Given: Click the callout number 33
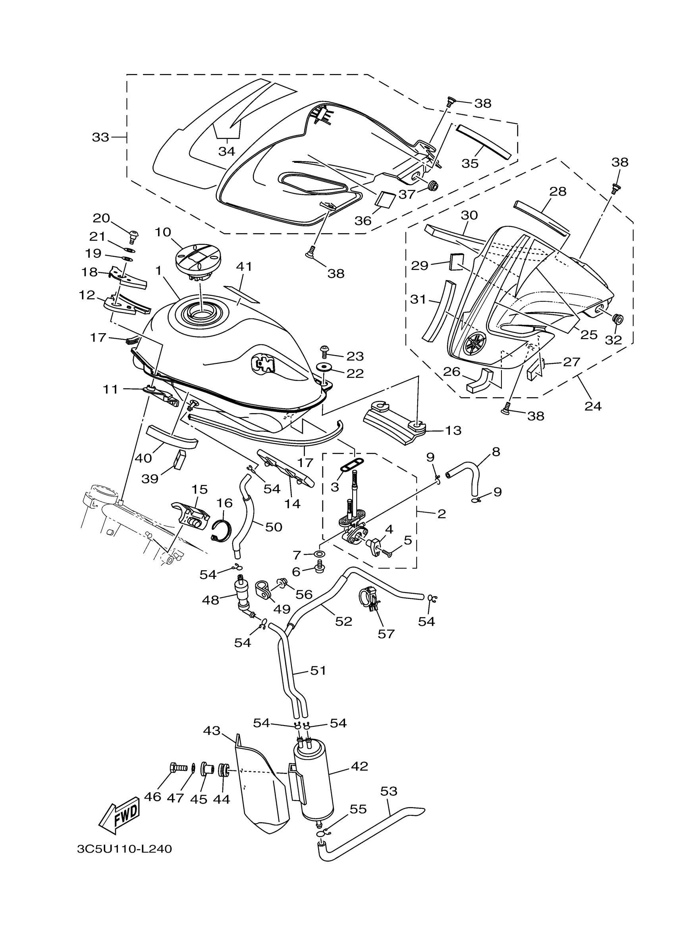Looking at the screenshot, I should click(x=100, y=137).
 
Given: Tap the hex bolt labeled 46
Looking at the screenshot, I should click(x=177, y=767).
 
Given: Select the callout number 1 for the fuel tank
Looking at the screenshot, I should click(x=158, y=271).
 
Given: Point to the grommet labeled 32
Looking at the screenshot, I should click(x=617, y=319).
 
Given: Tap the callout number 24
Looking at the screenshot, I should click(x=593, y=406).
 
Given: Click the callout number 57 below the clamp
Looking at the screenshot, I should click(x=386, y=634).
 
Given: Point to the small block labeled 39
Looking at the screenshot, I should click(x=180, y=460).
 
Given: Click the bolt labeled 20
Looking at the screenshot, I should click(x=133, y=236).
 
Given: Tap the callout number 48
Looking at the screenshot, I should click(x=210, y=600).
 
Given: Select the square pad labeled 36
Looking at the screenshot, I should click(x=386, y=200).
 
